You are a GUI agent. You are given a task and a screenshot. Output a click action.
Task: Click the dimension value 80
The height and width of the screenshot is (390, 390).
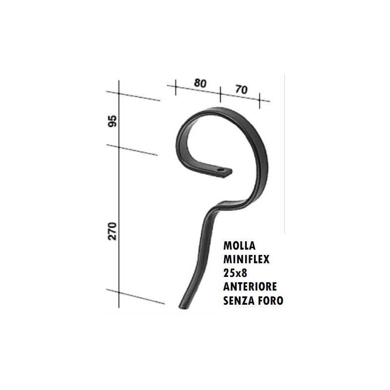coord(200,83)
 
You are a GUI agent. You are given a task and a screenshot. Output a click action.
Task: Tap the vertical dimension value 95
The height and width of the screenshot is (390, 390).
coord(113,121)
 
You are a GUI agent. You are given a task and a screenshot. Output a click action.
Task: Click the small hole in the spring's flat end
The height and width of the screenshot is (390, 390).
coord(220,171)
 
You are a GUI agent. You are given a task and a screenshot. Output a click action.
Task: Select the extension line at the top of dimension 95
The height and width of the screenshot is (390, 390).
coord(139,97)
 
